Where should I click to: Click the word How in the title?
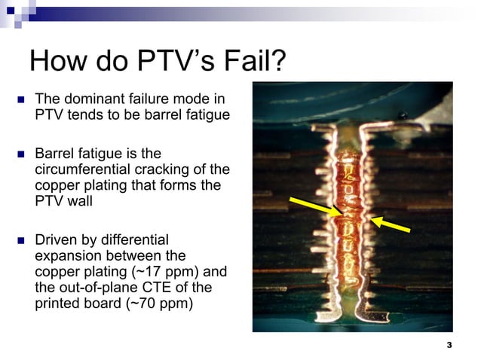(59, 62)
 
